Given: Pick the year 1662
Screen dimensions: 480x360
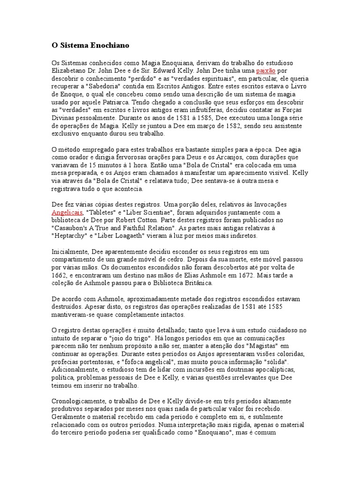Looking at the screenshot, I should point(60,276).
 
